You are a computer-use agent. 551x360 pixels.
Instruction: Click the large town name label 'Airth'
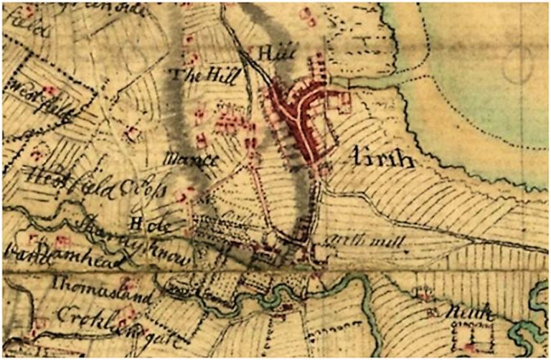click(384, 159)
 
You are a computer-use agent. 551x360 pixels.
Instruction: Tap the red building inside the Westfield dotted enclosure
click(50, 91)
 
